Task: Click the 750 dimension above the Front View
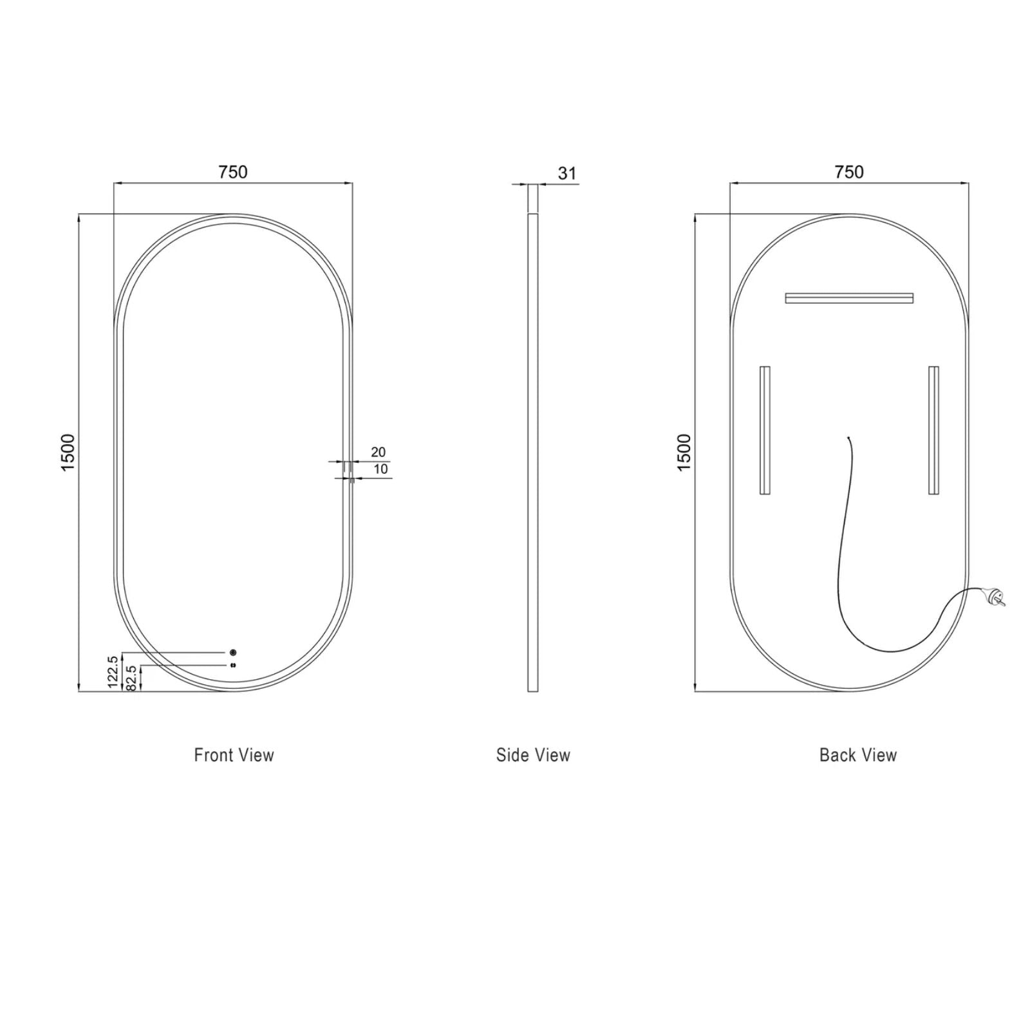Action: click(x=232, y=172)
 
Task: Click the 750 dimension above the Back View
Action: click(x=848, y=172)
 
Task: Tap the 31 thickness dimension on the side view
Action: click(x=566, y=173)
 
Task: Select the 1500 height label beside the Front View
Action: click(x=68, y=452)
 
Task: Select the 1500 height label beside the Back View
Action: click(x=684, y=452)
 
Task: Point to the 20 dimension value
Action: click(x=378, y=452)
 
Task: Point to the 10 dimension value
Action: click(x=380, y=469)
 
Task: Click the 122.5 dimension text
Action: click(x=113, y=671)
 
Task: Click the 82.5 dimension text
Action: click(x=132, y=678)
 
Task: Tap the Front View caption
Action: click(x=234, y=755)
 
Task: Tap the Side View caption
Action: click(x=533, y=755)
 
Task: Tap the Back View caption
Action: click(x=857, y=755)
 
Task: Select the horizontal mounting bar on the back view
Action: click(x=848, y=298)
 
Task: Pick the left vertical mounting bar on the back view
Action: click(x=765, y=430)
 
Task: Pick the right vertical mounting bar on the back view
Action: click(x=933, y=430)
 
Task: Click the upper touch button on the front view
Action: click(x=233, y=652)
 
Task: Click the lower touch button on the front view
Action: click(x=233, y=664)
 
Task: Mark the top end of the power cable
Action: click(x=848, y=438)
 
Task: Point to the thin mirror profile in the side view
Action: click(x=532, y=451)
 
